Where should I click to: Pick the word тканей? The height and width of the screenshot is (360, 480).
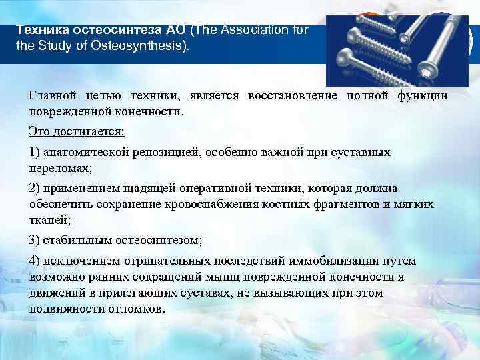48,221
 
